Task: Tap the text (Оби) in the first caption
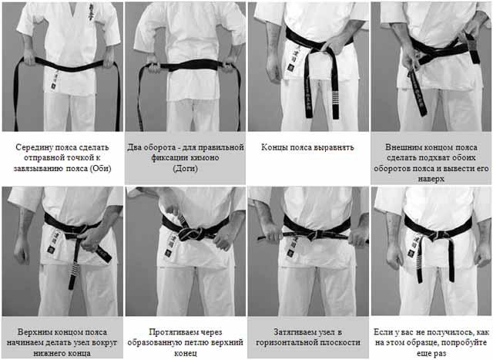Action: pyautogui.click(x=101, y=168)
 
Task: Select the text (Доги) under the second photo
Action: pyautogui.click(x=186, y=168)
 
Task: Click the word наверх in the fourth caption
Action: pyautogui.click(x=431, y=179)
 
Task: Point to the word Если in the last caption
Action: pyautogui.click(x=382, y=332)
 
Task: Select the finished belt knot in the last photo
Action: pyautogui.click(x=439, y=234)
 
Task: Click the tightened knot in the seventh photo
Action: pyautogui.click(x=318, y=234)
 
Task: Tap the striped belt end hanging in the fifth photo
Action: pyautogui.click(x=74, y=270)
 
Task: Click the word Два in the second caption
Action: pyautogui.click(x=134, y=147)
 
